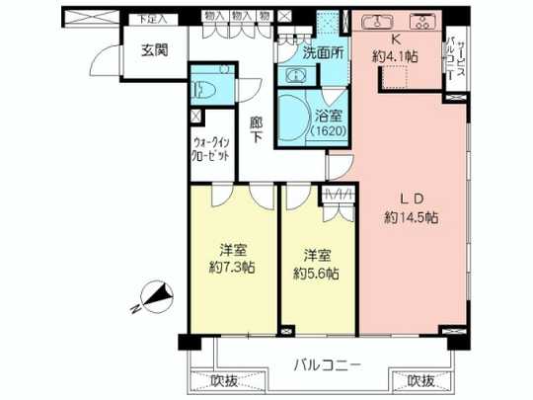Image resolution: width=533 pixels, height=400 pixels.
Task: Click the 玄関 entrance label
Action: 153,49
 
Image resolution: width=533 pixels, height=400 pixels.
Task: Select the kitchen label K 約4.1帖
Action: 397,48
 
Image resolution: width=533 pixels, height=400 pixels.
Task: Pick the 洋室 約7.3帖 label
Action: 232,260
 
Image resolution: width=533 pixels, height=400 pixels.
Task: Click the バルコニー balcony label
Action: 328,365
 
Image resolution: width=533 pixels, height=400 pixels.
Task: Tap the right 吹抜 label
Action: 420,381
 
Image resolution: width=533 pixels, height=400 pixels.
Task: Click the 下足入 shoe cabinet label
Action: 152,18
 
